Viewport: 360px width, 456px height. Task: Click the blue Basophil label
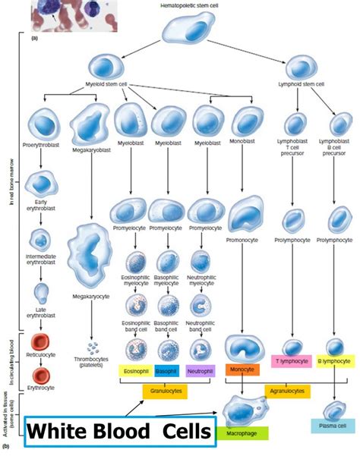(x=167, y=371)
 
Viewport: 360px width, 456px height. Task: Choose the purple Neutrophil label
(x=199, y=371)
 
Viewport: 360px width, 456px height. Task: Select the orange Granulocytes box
(x=166, y=391)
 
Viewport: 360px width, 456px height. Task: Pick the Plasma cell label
(x=332, y=425)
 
